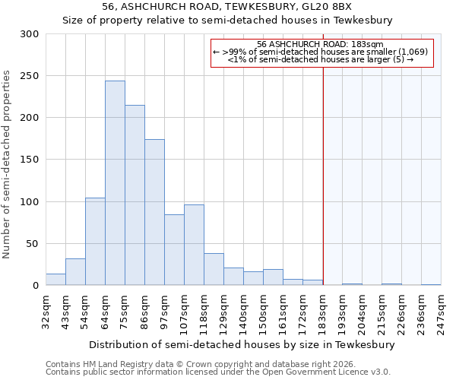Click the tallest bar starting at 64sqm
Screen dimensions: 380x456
115,183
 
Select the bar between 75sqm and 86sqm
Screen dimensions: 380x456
135,195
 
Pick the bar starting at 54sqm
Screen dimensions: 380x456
95,242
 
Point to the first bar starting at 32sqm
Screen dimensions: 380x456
55,280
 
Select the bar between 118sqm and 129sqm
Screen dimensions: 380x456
214,270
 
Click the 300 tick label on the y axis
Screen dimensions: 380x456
29,34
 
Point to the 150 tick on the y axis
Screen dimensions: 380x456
29,160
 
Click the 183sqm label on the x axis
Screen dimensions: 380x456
323,312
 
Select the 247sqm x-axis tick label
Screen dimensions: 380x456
442,312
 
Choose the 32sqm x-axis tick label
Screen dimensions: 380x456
46,312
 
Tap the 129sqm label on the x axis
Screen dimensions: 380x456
224,312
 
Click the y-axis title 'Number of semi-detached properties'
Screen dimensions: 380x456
7,164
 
